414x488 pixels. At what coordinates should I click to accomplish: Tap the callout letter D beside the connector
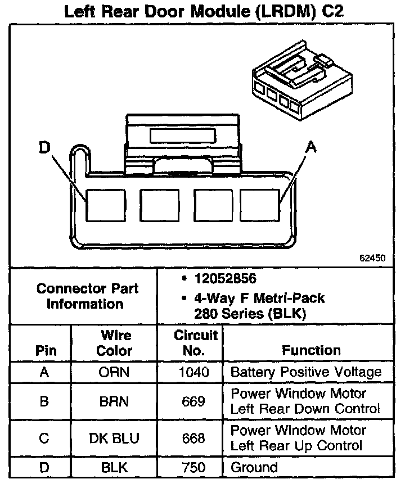(44, 148)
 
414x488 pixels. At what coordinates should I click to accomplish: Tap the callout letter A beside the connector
(310, 147)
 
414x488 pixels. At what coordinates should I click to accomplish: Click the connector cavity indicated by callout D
(105, 205)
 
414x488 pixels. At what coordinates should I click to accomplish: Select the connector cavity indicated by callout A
(260, 205)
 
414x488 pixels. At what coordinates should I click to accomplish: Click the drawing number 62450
(372, 259)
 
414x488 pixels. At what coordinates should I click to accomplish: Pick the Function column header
(311, 350)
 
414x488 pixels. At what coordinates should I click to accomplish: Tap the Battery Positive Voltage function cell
(306, 372)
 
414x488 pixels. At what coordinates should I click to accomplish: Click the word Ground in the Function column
(254, 468)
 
